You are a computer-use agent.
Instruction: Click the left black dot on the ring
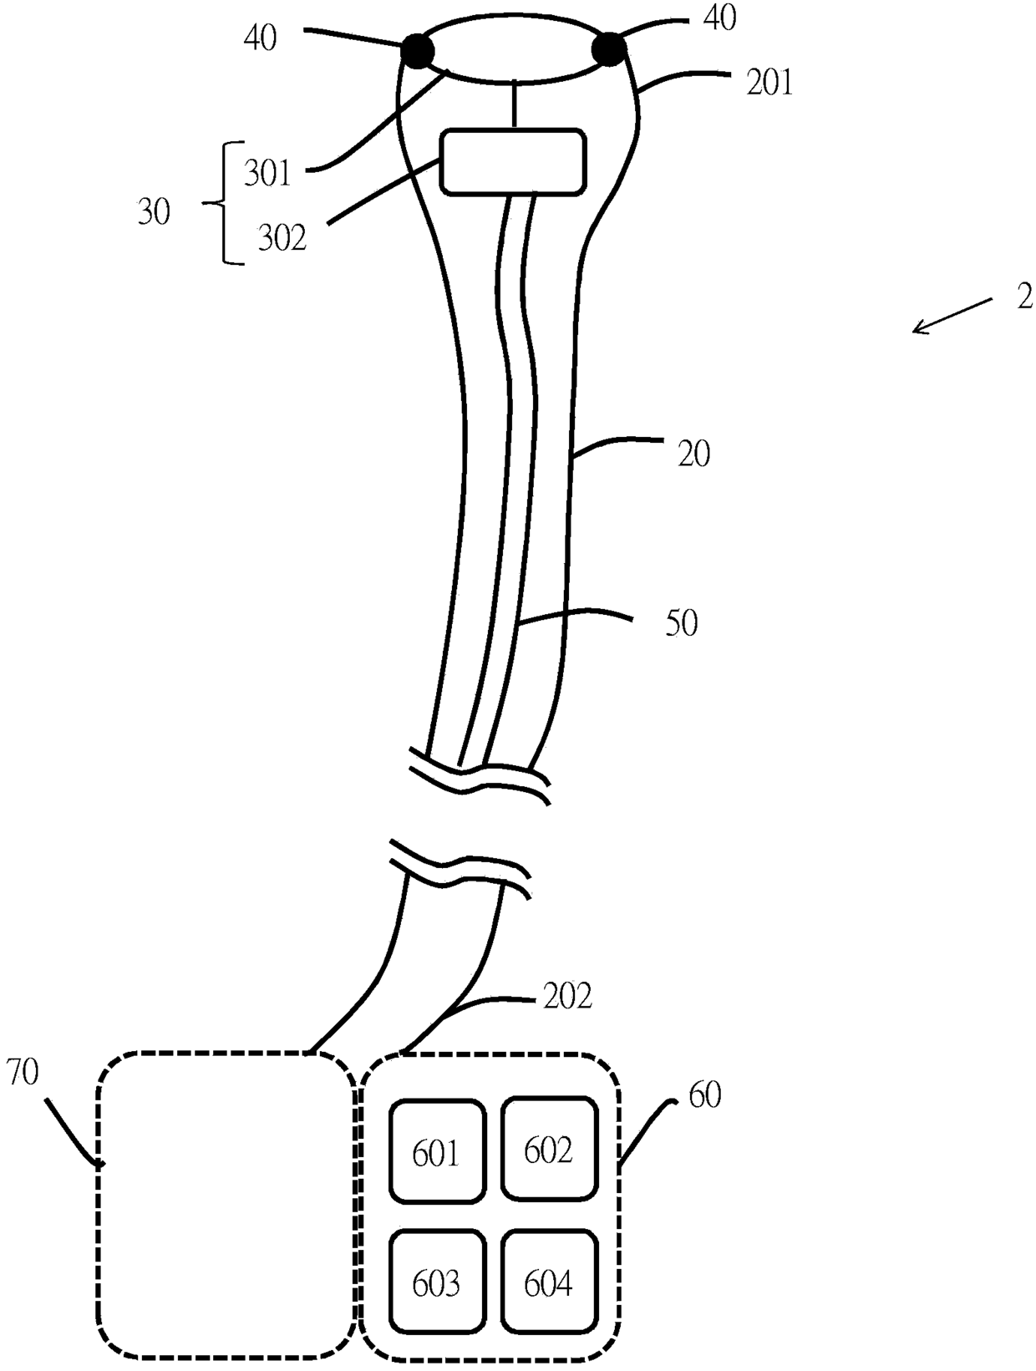click(418, 51)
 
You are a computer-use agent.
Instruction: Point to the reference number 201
click(769, 82)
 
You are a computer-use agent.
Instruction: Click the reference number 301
click(267, 173)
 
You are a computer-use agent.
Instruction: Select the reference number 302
click(282, 237)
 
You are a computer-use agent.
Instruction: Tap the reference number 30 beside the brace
click(154, 212)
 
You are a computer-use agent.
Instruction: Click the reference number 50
click(681, 624)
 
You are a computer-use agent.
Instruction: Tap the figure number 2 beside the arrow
click(1025, 298)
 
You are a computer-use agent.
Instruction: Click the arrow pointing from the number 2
click(952, 316)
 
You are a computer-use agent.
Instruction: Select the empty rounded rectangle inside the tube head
click(513, 162)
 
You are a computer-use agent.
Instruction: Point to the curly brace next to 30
click(223, 204)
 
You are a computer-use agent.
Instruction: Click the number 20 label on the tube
click(693, 454)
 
